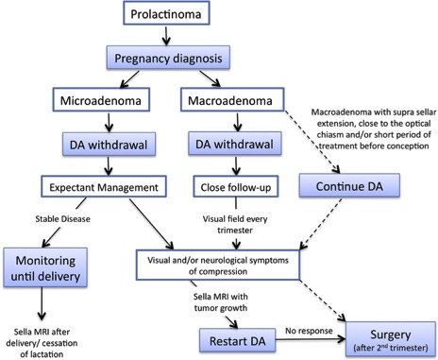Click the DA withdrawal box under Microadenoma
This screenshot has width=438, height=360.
(76, 144)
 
